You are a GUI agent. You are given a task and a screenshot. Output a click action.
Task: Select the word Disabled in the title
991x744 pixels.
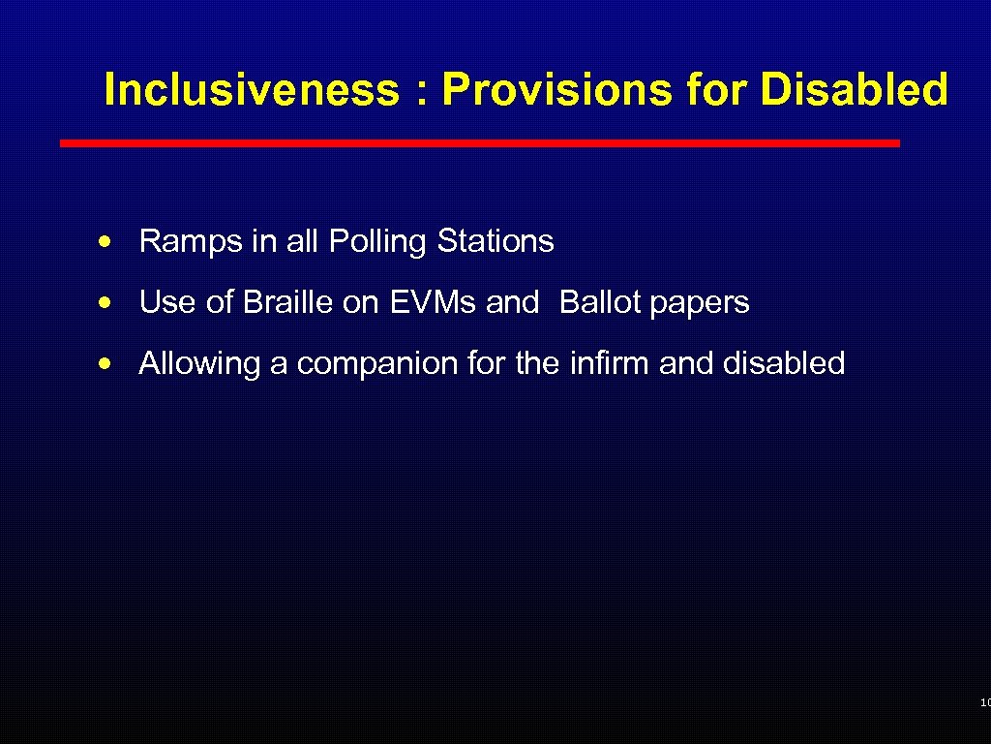[x=855, y=90]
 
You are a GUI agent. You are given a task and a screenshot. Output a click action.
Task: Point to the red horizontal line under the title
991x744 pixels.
[x=479, y=142]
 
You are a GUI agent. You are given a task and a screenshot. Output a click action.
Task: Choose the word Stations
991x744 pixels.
[x=495, y=241]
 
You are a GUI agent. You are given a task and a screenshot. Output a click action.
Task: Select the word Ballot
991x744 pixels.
[x=600, y=302]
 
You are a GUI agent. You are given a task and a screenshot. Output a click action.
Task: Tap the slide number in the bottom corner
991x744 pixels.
[x=984, y=702]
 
